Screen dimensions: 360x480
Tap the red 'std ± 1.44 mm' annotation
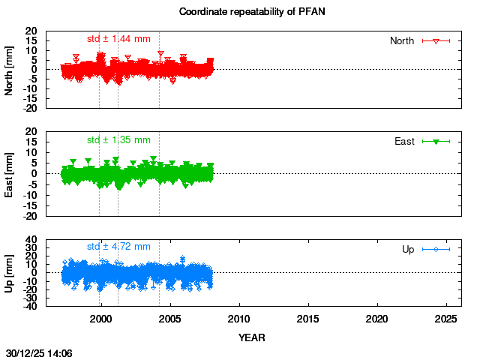click(x=118, y=38)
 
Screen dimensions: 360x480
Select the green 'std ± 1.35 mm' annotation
click(x=118, y=139)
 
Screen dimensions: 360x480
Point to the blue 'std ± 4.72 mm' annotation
click(x=118, y=246)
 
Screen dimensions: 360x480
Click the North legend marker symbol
click(x=436, y=40)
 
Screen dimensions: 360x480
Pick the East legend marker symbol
click(x=436, y=141)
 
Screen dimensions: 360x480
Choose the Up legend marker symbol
click(x=436, y=249)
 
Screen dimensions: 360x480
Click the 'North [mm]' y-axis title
click(x=10, y=70)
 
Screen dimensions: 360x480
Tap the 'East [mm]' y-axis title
click(x=10, y=173)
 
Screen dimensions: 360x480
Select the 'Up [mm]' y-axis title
click(x=10, y=272)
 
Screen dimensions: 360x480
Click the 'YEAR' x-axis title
click(x=251, y=337)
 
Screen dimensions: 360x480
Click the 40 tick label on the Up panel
click(x=32, y=241)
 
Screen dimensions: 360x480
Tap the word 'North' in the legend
click(x=402, y=40)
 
